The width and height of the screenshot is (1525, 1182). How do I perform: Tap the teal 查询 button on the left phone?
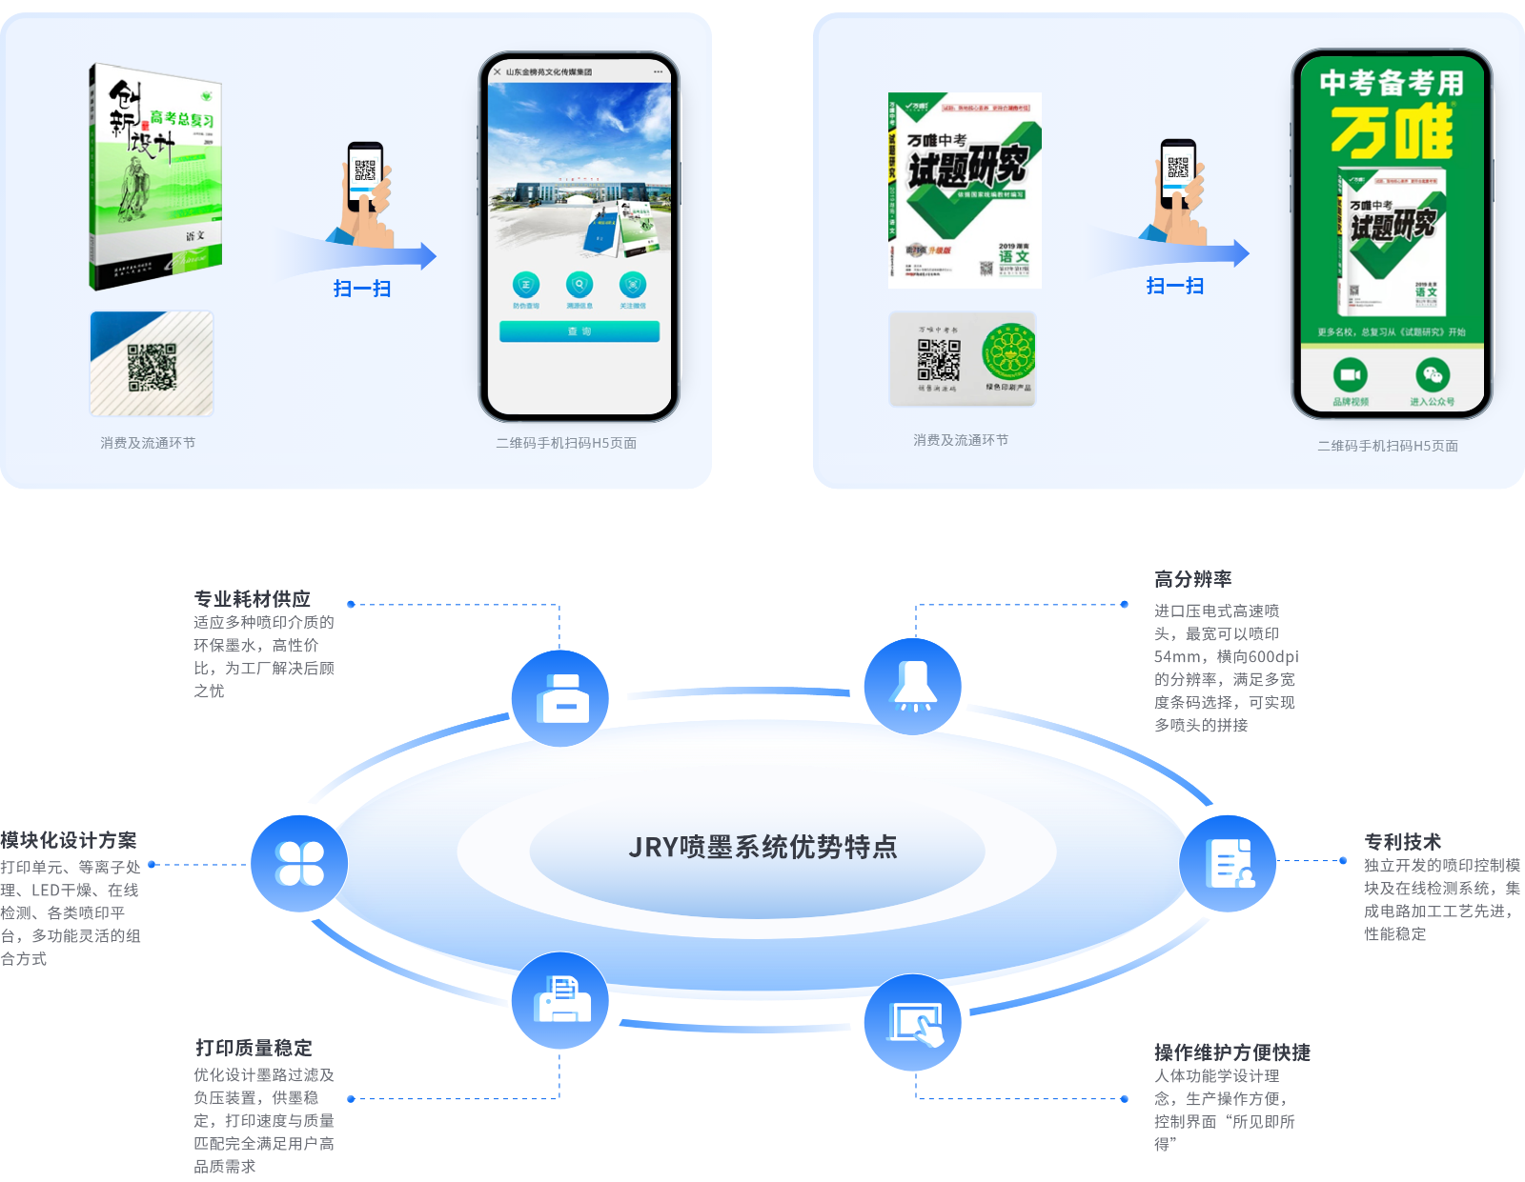[x=579, y=331]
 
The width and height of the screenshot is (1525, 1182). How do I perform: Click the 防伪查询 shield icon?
[x=526, y=285]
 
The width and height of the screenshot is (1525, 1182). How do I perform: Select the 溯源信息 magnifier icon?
[x=579, y=285]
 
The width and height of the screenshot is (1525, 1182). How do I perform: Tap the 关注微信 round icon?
[x=633, y=285]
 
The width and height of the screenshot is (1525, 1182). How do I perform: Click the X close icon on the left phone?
[x=497, y=71]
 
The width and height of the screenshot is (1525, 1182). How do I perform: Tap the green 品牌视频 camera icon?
[x=1350, y=374]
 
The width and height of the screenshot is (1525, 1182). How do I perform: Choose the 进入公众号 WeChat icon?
[x=1433, y=374]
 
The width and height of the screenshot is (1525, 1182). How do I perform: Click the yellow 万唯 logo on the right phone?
[x=1392, y=132]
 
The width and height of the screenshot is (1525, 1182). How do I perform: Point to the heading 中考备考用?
[x=1392, y=83]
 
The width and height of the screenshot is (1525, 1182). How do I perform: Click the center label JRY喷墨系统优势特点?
[x=762, y=847]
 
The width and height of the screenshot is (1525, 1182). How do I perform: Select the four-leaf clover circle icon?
[x=299, y=864]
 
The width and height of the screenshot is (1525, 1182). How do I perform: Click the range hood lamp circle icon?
[x=913, y=687]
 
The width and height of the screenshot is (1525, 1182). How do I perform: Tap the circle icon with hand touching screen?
[x=913, y=1022]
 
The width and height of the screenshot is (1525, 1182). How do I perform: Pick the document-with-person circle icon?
[x=1228, y=864]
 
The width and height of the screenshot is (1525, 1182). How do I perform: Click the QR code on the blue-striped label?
[x=152, y=367]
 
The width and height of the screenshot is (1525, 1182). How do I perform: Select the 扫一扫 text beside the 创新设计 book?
[x=362, y=289]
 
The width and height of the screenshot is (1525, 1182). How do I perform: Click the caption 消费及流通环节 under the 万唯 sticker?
[x=961, y=440]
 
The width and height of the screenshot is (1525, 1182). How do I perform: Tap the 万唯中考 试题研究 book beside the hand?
[x=965, y=190]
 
